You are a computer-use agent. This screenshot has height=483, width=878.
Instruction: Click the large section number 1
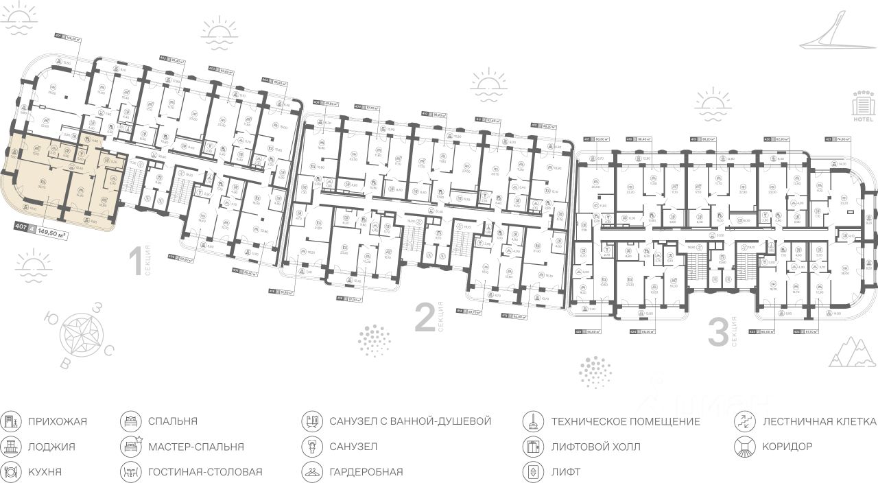[x=136, y=263]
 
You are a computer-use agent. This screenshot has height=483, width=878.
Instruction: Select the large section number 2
[x=425, y=318]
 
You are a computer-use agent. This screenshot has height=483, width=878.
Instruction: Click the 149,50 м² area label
[x=56, y=232]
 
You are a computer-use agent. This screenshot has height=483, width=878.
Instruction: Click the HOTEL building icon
[x=862, y=106]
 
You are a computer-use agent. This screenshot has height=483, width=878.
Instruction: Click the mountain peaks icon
[x=851, y=351]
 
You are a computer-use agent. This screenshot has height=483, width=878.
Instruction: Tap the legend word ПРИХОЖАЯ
[x=58, y=421]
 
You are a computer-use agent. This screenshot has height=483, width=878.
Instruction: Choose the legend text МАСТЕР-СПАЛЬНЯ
[x=195, y=447]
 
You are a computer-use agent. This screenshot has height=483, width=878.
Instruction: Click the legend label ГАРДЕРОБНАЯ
[x=366, y=472]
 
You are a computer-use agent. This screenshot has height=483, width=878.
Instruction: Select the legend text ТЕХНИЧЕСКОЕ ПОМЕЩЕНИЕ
[x=625, y=421]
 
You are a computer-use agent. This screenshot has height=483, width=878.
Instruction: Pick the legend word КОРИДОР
[x=787, y=447]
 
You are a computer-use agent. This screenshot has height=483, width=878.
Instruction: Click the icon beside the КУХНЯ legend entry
[x=10, y=472]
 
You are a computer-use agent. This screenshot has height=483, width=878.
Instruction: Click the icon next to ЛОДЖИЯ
[x=10, y=447]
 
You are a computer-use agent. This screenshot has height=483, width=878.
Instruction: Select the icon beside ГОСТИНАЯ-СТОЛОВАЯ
[x=130, y=472]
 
